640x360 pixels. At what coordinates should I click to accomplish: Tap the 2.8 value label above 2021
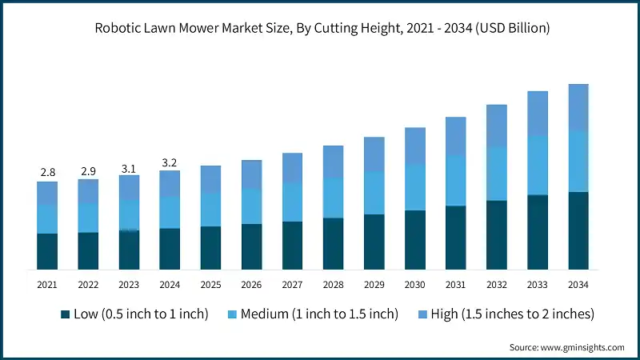(x=47, y=172)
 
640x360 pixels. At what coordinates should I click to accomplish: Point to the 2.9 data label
(x=88, y=170)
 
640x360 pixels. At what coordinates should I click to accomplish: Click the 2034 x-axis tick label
(x=578, y=284)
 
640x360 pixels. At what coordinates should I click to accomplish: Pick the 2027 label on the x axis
(x=292, y=284)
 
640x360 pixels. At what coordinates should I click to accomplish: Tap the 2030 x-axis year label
(x=414, y=284)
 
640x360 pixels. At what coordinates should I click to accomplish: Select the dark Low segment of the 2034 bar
(x=578, y=230)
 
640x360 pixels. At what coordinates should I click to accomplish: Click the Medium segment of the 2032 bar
(x=497, y=174)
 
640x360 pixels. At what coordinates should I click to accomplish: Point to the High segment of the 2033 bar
(x=538, y=114)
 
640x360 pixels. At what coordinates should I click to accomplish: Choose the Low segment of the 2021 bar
(x=47, y=251)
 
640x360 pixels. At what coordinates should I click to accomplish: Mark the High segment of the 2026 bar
(x=251, y=174)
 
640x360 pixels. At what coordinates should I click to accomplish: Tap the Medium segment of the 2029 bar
(x=374, y=193)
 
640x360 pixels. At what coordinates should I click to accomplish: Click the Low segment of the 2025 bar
(x=210, y=248)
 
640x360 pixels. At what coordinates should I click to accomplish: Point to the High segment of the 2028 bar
(x=333, y=162)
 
